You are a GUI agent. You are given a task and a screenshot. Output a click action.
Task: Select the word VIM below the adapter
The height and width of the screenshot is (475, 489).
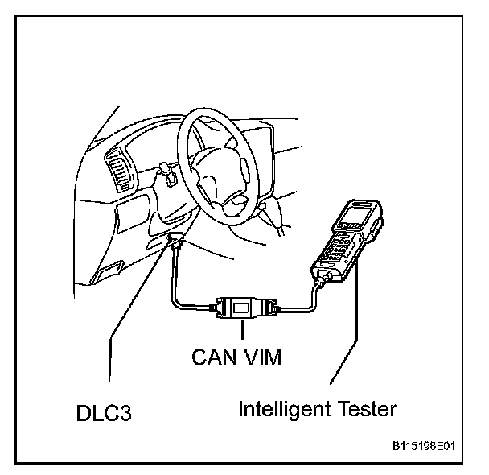(264, 356)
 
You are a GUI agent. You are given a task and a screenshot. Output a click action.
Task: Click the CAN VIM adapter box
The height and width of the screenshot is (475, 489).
(241, 308)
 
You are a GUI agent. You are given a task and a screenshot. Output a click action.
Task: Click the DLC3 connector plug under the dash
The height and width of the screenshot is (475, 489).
(175, 241)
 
